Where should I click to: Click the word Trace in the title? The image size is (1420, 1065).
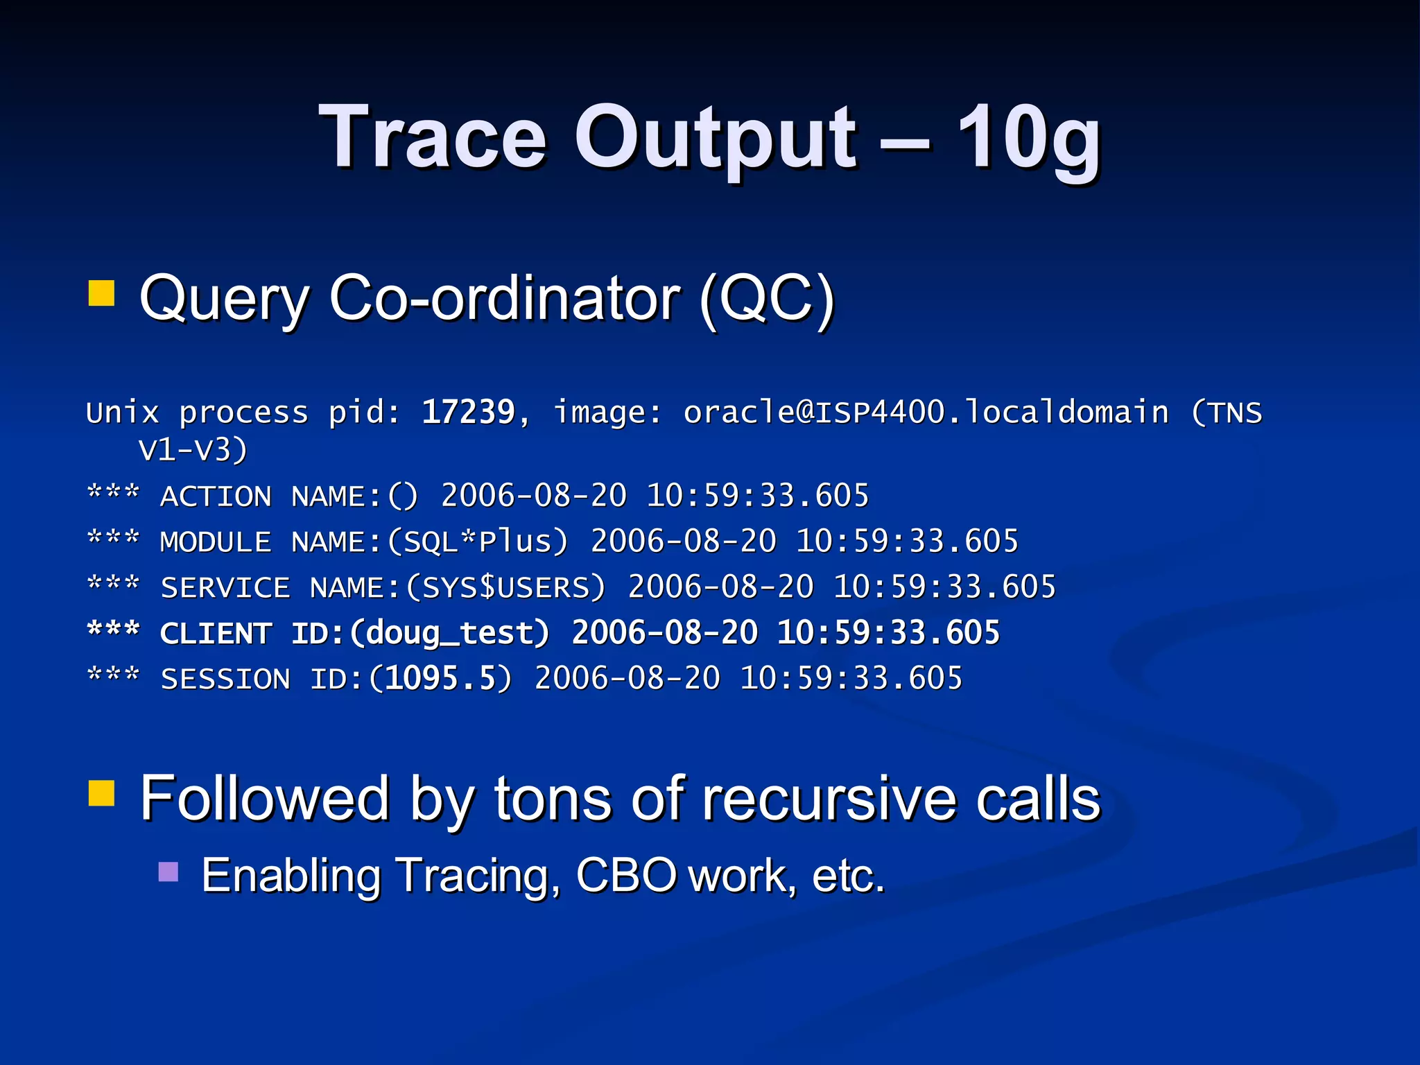pos(433,137)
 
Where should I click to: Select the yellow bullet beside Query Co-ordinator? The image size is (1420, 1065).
pos(101,293)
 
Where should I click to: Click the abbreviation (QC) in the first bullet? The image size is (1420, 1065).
pos(767,298)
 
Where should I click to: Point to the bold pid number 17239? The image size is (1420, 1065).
pos(469,413)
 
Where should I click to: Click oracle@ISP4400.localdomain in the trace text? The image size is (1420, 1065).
pos(926,413)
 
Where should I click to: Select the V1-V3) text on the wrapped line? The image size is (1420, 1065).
pos(193,450)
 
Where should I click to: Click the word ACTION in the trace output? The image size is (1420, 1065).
pos(216,496)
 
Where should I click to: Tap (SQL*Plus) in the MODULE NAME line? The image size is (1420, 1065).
pos(478,542)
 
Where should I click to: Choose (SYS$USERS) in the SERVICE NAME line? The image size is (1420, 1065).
pos(505,587)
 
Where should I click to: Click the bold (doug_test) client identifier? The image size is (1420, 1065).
pos(450,633)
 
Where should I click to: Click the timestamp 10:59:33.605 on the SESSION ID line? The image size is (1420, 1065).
pos(851,679)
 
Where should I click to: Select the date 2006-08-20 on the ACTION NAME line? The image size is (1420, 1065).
pos(534,496)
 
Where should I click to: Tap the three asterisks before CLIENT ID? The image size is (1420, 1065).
pos(114,631)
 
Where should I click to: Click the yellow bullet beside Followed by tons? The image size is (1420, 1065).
pos(101,793)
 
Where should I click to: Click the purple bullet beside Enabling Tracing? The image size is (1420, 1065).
pos(168,872)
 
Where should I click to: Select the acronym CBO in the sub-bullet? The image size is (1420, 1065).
pos(626,876)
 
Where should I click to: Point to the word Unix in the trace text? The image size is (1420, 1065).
pos(123,413)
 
